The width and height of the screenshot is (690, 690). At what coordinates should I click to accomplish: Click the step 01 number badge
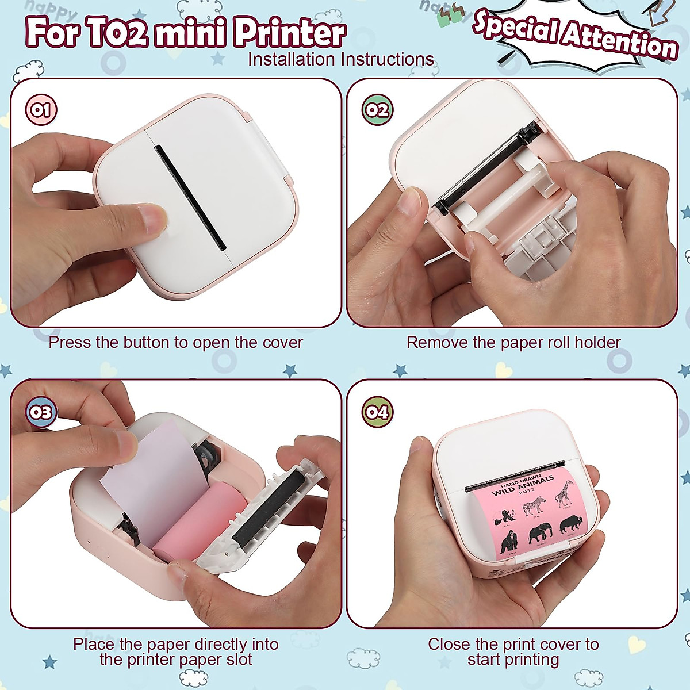[41, 110]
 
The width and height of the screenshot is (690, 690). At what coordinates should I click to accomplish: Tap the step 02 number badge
[377, 110]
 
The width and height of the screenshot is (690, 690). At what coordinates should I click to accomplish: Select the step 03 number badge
[41, 412]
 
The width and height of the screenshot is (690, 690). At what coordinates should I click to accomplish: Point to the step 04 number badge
[377, 412]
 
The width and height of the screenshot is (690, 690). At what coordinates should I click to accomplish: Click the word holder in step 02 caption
[597, 343]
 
